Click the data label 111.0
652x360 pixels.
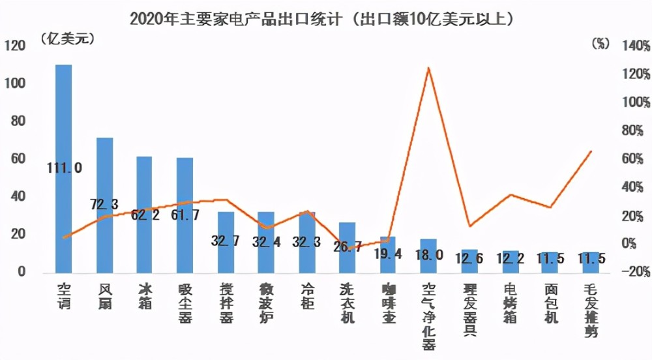64,168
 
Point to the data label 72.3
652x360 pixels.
104,205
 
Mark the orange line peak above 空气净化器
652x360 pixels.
428,68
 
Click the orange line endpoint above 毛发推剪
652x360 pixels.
591,151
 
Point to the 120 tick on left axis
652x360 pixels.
14,46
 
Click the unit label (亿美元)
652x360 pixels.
67,38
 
